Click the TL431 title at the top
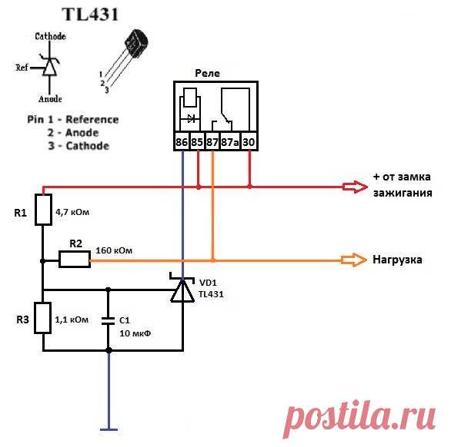point(90,15)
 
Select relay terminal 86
point(182,142)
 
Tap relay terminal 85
point(197,142)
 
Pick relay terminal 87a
point(230,142)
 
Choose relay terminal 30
point(249,142)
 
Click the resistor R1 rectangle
point(43,209)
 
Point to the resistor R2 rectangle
point(75,260)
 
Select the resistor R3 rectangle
point(42,318)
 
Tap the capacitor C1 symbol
point(109,321)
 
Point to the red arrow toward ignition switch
point(355,187)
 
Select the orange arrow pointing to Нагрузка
point(354,260)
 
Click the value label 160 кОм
point(114,250)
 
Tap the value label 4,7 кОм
point(72,212)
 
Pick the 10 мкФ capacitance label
point(135,333)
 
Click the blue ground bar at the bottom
point(109,429)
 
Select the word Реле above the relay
point(207,73)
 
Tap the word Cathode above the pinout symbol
point(50,36)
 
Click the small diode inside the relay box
point(192,118)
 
